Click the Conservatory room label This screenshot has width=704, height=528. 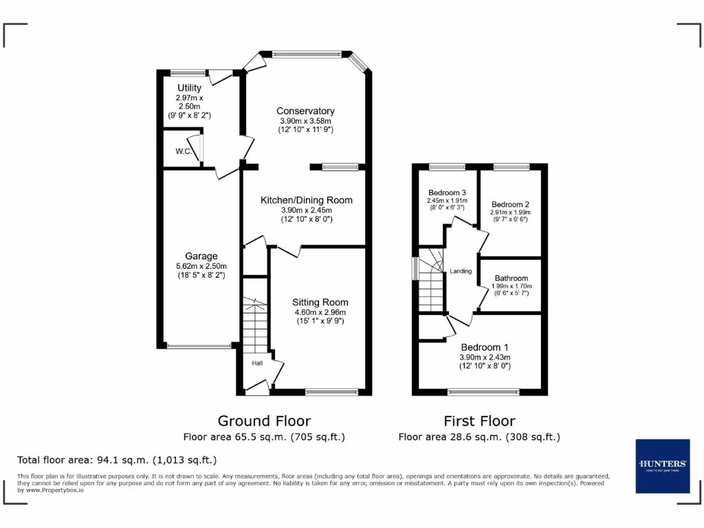[305, 111]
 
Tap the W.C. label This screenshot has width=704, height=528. [183, 151]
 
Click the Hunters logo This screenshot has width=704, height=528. [662, 465]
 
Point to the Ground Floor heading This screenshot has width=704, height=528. [264, 421]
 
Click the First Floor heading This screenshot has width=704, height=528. [479, 421]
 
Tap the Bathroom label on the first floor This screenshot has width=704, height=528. [511, 278]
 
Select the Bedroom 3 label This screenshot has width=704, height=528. [447, 192]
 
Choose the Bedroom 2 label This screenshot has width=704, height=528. [510, 204]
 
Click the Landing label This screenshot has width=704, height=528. [461, 271]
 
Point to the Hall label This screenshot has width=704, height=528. [256, 363]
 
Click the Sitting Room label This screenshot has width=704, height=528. [320, 302]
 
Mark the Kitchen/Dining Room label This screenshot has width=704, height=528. [306, 200]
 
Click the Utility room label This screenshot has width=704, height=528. [189, 88]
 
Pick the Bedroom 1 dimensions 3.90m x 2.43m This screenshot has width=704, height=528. [485, 357]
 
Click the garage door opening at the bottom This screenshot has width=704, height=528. [199, 346]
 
